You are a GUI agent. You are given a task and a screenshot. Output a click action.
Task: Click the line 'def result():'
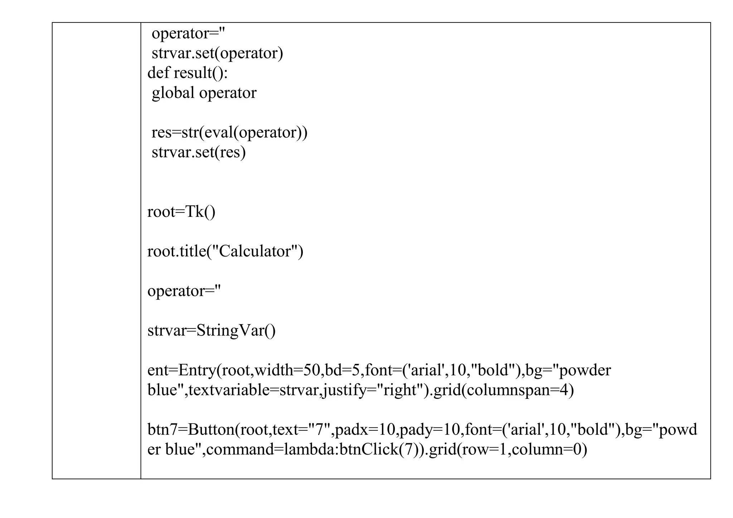(188, 73)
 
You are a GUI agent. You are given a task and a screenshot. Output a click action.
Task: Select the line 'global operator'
(204, 93)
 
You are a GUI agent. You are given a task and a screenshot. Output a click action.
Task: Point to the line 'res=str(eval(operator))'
(229, 132)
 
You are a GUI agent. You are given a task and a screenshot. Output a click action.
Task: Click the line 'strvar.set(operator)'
(217, 53)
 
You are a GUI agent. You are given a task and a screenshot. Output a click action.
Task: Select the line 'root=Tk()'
(181, 212)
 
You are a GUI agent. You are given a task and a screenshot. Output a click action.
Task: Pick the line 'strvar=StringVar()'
(212, 330)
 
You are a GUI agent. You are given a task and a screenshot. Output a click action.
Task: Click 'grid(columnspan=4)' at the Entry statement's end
(503, 390)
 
